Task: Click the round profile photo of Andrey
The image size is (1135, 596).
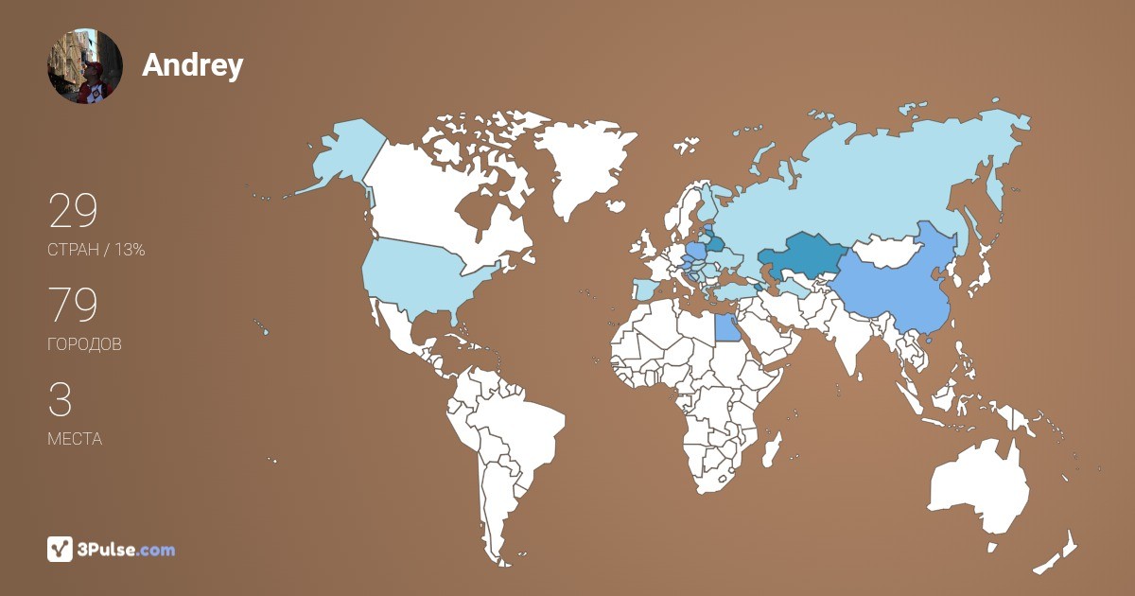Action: [x=85, y=66]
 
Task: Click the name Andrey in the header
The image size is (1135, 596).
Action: [x=193, y=64]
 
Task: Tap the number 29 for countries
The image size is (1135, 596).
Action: [x=73, y=212]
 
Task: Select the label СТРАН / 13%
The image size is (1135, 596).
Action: [x=96, y=251]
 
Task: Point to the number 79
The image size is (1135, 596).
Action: [x=73, y=306]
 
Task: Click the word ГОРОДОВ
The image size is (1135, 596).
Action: [x=84, y=344]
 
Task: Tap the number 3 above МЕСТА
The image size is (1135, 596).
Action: [x=60, y=400]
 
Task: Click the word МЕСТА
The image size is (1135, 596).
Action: [x=75, y=439]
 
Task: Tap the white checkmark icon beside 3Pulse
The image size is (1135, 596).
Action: [x=61, y=550]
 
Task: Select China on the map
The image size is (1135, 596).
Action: [x=889, y=284]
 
